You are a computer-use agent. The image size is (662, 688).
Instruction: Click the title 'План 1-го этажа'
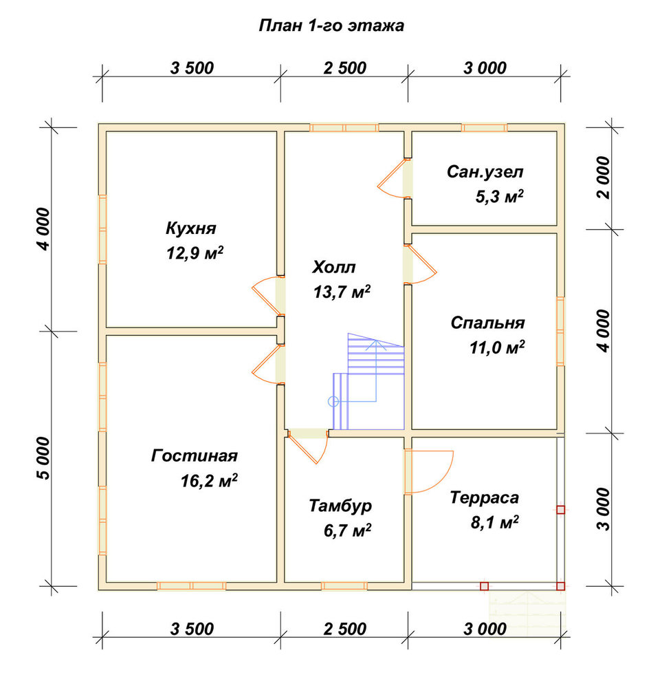click(331, 26)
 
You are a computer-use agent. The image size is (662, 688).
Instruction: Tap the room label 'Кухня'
click(191, 228)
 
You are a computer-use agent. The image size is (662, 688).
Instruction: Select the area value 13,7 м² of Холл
click(342, 292)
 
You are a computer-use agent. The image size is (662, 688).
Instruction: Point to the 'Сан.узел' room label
click(485, 171)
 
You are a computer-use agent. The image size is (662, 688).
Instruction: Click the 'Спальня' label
click(487, 323)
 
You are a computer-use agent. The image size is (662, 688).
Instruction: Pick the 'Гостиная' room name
click(195, 456)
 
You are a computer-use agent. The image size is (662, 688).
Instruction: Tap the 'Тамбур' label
click(340, 506)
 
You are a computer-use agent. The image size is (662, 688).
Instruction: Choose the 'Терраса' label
click(485, 497)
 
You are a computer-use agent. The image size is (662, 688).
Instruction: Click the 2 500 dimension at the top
click(344, 68)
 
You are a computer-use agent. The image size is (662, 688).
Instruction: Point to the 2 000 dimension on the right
click(604, 178)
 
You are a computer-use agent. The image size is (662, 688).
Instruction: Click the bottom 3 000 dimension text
click(485, 629)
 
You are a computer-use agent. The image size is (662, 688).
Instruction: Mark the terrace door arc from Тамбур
click(448, 475)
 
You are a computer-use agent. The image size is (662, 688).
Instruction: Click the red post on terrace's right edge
click(561, 510)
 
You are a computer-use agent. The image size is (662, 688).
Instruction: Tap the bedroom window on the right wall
click(561, 332)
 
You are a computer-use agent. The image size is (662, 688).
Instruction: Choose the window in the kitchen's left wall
click(102, 229)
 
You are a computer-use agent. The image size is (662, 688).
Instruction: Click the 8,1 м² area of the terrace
click(495, 523)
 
